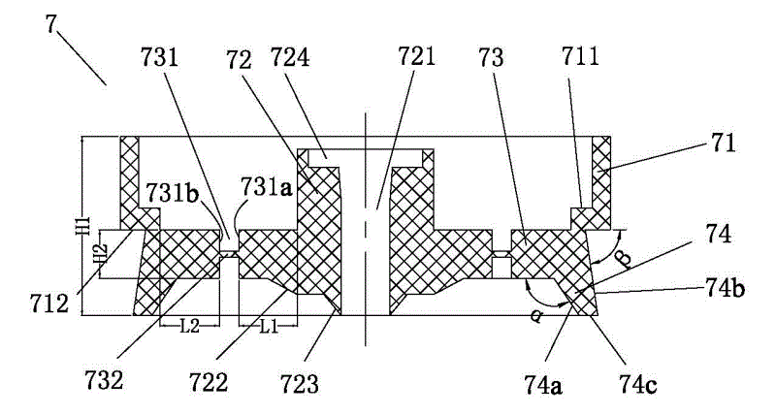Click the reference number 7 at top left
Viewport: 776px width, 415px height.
(x=52, y=23)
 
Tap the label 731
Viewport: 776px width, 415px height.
(x=159, y=58)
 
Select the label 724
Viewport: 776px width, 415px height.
(x=290, y=57)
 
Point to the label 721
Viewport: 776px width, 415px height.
(x=416, y=56)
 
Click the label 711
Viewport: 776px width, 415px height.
(x=580, y=57)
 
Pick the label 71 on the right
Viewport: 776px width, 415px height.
(x=725, y=143)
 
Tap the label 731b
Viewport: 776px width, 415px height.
(x=172, y=193)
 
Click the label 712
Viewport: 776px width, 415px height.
(x=48, y=303)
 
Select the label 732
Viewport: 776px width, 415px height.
(x=104, y=380)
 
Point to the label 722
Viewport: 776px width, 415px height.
(x=209, y=382)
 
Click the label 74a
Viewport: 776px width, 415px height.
(x=543, y=385)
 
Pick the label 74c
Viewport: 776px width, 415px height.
(x=638, y=385)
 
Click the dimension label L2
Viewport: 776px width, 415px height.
(x=189, y=326)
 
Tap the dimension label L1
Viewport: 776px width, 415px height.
(x=268, y=327)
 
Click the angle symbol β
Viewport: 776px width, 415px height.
(x=626, y=259)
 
